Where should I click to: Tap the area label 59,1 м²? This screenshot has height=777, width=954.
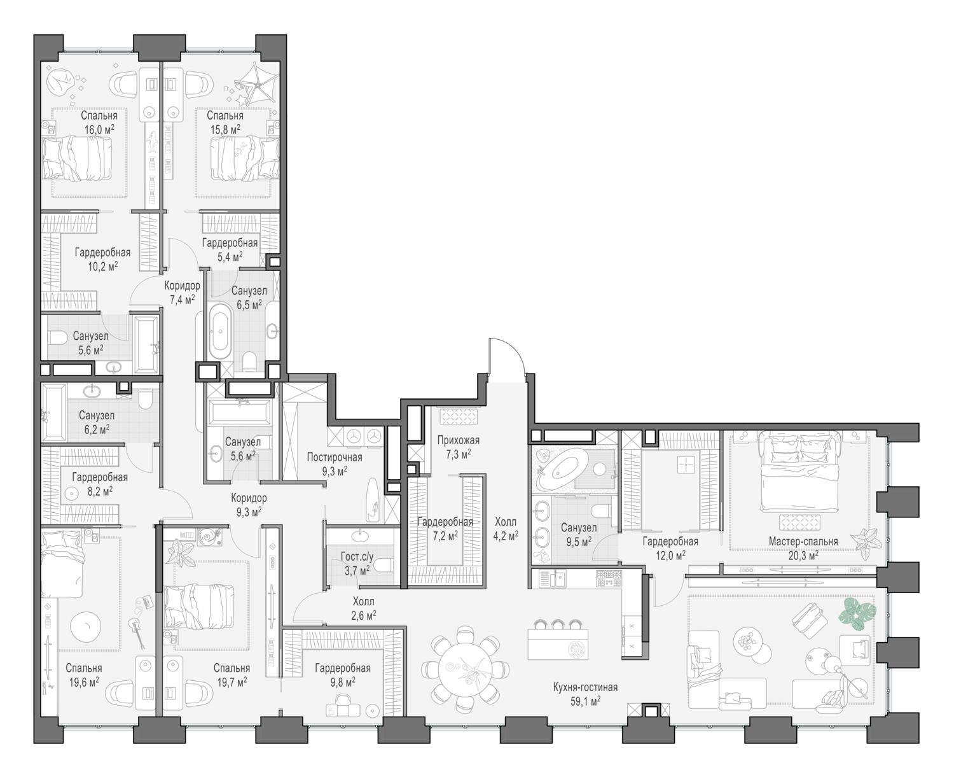pos(585,701)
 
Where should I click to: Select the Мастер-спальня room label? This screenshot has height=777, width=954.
pos(803,542)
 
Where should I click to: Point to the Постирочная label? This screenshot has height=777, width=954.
pos(335,457)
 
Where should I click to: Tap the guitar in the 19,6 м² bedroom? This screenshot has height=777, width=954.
pos(137,633)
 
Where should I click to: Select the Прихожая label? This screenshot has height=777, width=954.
pos(458,440)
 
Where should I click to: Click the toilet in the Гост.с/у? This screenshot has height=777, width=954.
pos(383,566)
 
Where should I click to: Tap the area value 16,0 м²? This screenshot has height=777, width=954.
pos(99,130)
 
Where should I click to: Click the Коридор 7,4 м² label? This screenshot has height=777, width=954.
pos(182,293)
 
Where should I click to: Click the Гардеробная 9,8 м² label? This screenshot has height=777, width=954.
pos(343,675)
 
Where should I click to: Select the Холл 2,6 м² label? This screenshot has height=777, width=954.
pos(364,608)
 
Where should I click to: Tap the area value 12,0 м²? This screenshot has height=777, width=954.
pos(670,556)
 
